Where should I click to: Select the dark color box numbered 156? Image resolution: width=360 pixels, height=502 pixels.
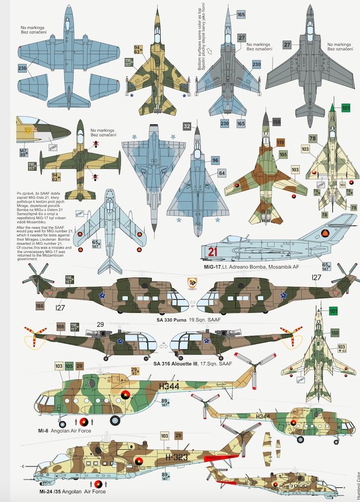[276, 121]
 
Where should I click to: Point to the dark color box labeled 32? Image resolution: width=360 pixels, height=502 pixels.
[187, 127]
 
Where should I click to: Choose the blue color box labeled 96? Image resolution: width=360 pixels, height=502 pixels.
[215, 160]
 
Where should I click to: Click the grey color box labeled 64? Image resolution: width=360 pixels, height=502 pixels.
[221, 173]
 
